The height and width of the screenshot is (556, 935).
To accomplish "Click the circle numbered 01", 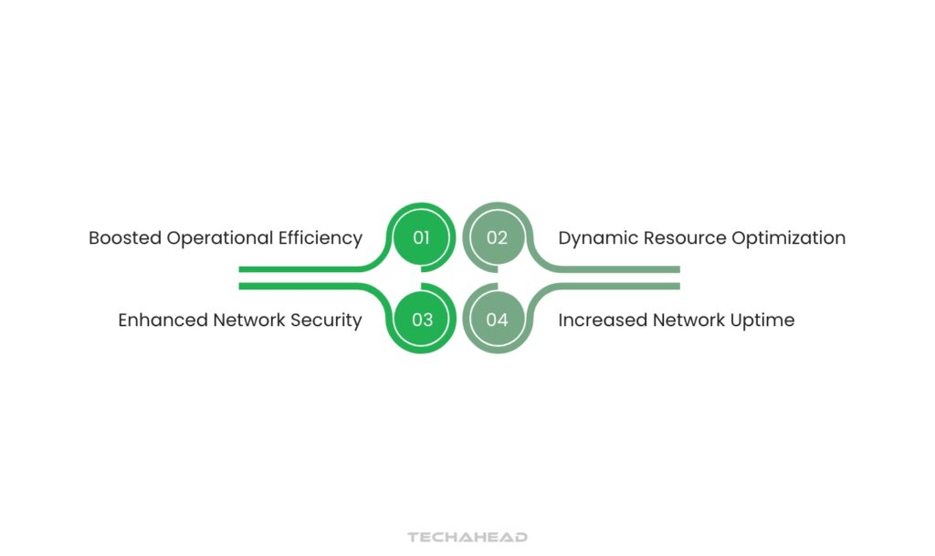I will pos(421,238).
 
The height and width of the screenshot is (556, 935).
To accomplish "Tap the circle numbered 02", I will pos(497,238).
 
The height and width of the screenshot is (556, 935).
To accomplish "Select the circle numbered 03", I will pos(421,320).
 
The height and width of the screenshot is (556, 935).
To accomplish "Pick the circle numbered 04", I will pos(497,320).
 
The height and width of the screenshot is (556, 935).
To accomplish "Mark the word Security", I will pos(326,321).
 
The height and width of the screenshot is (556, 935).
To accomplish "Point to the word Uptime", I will pos(763,321).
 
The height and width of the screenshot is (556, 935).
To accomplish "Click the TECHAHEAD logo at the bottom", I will pos(467,538).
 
